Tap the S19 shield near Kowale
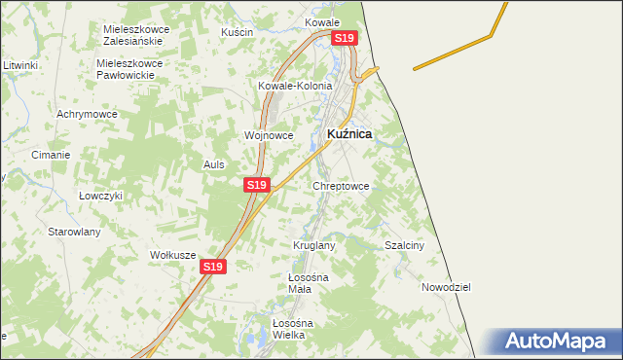pos(346,38)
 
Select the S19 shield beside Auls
pos(256,184)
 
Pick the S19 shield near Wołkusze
pos(213,266)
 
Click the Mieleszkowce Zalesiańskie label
pos(137,35)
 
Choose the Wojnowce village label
pos(269,135)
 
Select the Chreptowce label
pos(341,185)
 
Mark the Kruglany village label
pos(314,245)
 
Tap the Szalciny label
pos(405,245)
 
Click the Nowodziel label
pos(446,287)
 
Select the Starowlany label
pos(76,232)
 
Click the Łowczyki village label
pos(100,195)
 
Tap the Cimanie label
pos(51,155)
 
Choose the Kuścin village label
pos(237,32)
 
